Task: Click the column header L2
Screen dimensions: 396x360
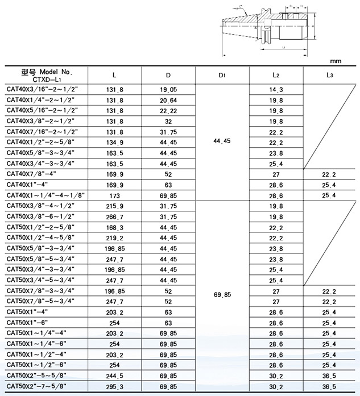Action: [275, 74]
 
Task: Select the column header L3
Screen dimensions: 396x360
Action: [329, 74]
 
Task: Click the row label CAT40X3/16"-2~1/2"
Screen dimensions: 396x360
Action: [41, 89]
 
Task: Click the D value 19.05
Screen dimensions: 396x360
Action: [168, 89]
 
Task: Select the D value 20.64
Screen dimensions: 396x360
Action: [168, 100]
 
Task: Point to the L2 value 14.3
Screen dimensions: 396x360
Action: [276, 89]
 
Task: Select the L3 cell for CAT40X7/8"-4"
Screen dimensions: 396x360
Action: [329, 174]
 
